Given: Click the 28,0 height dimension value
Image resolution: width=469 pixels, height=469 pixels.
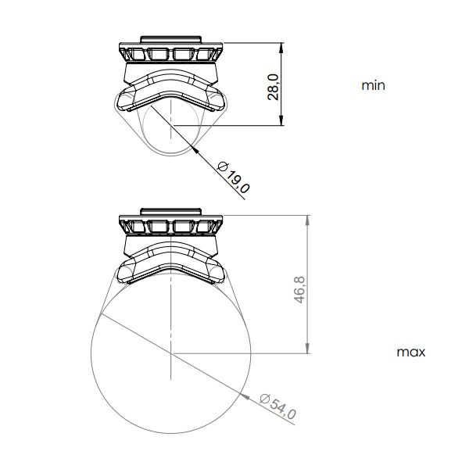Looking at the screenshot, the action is pyautogui.click(x=274, y=87).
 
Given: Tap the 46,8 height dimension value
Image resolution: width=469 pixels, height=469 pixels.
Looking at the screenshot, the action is pyautogui.click(x=299, y=289).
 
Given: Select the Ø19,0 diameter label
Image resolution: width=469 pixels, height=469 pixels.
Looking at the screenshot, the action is pyautogui.click(x=233, y=177).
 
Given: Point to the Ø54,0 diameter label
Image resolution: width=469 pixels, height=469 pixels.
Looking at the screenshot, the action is pyautogui.click(x=277, y=406).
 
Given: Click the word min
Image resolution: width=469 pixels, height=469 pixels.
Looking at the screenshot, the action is pyautogui.click(x=373, y=85).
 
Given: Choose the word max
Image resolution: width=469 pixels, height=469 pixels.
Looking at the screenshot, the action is pyautogui.click(x=410, y=352).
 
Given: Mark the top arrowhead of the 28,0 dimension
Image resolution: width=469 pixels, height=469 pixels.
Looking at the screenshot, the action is pyautogui.click(x=281, y=48).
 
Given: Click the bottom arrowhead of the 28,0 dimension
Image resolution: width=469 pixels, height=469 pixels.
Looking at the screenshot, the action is pyautogui.click(x=281, y=120).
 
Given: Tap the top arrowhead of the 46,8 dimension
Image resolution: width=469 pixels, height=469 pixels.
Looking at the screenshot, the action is pyautogui.click(x=307, y=220).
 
